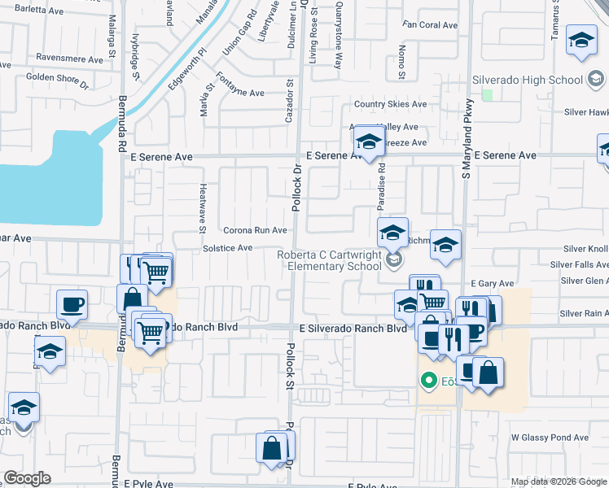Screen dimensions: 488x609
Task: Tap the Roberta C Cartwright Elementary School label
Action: tap(329, 260)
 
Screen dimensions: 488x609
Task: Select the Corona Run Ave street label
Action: tap(255, 230)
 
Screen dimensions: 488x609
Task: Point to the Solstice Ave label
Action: tap(227, 247)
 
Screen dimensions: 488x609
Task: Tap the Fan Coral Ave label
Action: tap(430, 25)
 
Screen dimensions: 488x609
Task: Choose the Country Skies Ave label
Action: tap(390, 105)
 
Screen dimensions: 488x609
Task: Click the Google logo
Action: tap(28, 478)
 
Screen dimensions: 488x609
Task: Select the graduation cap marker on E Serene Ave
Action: tap(369, 142)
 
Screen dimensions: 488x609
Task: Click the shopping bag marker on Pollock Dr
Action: tap(272, 447)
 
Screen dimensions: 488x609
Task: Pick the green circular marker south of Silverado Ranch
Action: tap(427, 380)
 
